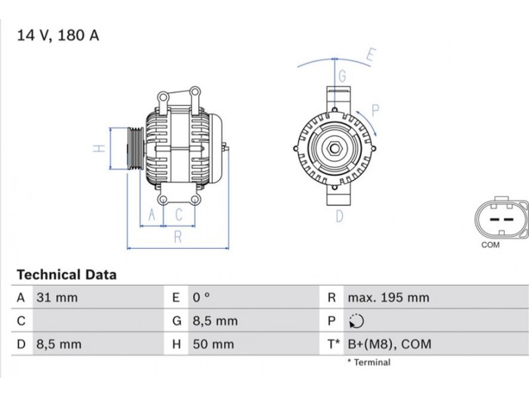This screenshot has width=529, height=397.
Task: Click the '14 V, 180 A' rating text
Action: tap(58, 35)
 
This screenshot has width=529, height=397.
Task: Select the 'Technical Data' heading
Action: tap(67, 275)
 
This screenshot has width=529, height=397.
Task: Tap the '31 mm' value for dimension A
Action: tap(57, 297)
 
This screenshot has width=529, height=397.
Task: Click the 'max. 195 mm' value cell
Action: tap(388, 297)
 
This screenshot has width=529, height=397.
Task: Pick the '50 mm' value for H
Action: tap(213, 344)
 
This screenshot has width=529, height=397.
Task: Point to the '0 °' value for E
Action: tap(202, 297)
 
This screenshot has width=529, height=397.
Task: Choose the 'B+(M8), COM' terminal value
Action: tap(389, 344)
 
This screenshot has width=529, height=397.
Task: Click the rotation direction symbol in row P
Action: tap(356, 321)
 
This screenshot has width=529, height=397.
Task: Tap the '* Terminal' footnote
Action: tap(369, 362)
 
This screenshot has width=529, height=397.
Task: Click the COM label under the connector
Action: tap(490, 245)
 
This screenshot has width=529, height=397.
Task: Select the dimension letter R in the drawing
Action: tap(178, 237)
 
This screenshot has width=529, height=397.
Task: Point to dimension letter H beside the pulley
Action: tap(99, 148)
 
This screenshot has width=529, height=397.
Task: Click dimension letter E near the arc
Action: tap(371, 55)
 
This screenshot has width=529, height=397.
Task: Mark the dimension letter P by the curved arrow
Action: tap(375, 110)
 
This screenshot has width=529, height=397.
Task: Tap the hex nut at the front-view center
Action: tap(334, 148)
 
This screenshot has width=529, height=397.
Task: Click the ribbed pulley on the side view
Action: tap(136, 148)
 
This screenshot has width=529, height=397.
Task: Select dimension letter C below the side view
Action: tap(179, 214)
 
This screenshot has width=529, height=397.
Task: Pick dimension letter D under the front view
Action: tap(339, 216)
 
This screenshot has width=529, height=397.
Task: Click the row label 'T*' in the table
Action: tap(334, 344)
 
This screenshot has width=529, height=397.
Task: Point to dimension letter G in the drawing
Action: tap(342, 76)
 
